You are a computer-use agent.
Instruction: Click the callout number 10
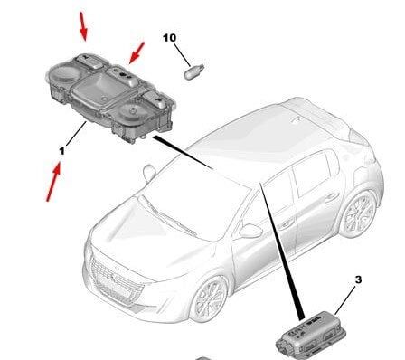click(169, 38)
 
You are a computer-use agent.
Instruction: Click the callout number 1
click(62, 150)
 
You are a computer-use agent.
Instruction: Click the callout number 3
click(358, 279)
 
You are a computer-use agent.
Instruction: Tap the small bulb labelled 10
click(193, 72)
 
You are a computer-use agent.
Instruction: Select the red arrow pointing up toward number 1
click(53, 182)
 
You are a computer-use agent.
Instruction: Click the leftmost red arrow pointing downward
click(83, 26)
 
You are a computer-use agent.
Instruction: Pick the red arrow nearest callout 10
click(137, 53)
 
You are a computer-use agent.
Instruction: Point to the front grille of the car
click(116, 279)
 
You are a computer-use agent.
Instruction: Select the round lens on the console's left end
click(61, 74)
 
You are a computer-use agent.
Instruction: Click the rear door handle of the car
click(332, 197)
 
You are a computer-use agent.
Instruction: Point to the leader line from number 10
click(182, 55)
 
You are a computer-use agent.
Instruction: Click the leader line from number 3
click(344, 300)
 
